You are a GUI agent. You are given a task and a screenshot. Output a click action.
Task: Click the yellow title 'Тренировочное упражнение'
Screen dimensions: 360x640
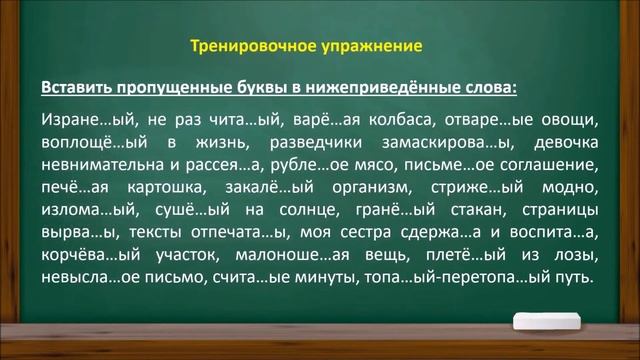[306, 46]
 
